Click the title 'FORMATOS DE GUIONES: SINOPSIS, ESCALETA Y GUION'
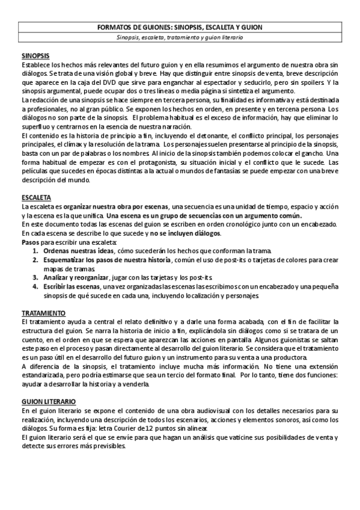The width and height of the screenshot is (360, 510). pyautogui.click(x=180, y=28)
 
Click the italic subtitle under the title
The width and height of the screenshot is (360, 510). pyautogui.click(x=180, y=37)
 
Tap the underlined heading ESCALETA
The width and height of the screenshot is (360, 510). pyautogui.click(x=36, y=198)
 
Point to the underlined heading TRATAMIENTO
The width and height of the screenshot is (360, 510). pyautogui.click(x=44, y=314)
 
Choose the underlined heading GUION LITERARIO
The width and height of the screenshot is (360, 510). pyautogui.click(x=49, y=384)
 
